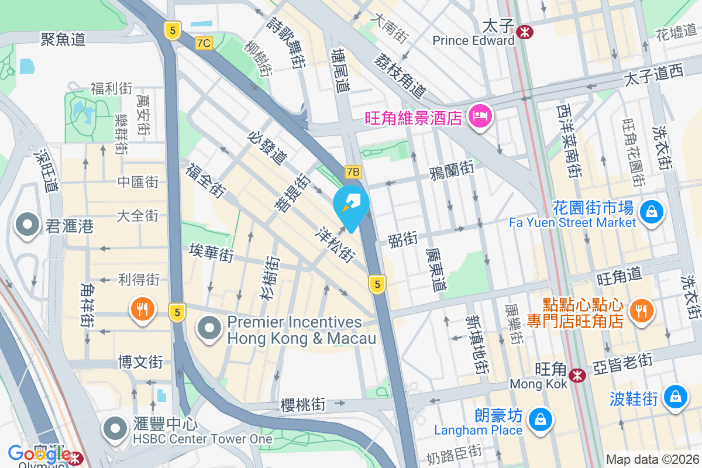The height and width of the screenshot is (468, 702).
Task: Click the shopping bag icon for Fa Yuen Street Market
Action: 651,211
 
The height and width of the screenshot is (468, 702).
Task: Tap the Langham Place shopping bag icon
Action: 540,419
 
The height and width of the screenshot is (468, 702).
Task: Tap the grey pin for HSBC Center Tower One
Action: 115,429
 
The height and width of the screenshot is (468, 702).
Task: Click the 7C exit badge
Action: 203,43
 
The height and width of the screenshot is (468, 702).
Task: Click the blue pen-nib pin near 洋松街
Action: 351,205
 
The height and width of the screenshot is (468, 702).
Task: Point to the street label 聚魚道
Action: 63,39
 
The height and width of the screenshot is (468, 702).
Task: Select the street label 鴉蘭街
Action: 451,170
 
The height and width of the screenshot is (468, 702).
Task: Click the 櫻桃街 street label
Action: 303,405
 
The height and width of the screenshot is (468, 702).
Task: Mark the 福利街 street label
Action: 111,89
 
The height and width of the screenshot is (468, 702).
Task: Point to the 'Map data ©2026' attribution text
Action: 652,459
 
